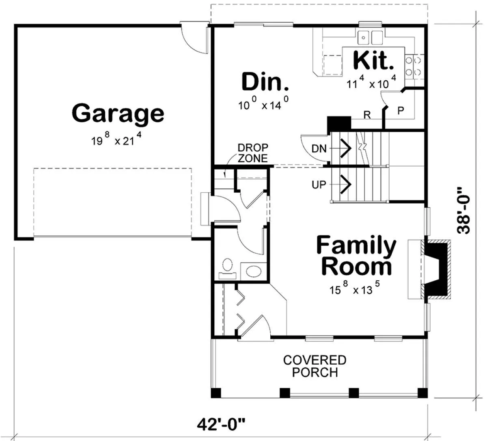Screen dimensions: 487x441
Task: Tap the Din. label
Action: pyautogui.click(x=265, y=82)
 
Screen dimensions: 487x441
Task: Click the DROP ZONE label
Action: pyautogui.click(x=253, y=153)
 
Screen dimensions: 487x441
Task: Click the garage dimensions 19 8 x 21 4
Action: pyautogui.click(x=116, y=139)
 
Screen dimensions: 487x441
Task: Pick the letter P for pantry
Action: pyautogui.click(x=401, y=111)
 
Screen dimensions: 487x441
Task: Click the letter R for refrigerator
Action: pyautogui.click(x=367, y=115)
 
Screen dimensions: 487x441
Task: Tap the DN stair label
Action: pyautogui.click(x=319, y=149)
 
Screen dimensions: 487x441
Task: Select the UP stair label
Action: pyautogui.click(x=319, y=185)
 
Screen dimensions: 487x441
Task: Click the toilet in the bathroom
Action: pyautogui.click(x=228, y=269)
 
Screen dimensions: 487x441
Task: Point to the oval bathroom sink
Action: pyautogui.click(x=254, y=271)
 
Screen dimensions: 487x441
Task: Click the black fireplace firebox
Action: pyautogui.click(x=436, y=269)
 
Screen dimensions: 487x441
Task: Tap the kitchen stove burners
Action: pyautogui.click(x=413, y=66)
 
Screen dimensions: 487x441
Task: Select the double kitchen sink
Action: pyautogui.click(x=370, y=38)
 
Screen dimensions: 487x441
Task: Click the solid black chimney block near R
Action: pyautogui.click(x=339, y=124)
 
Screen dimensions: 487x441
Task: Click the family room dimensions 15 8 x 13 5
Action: pyautogui.click(x=354, y=288)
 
